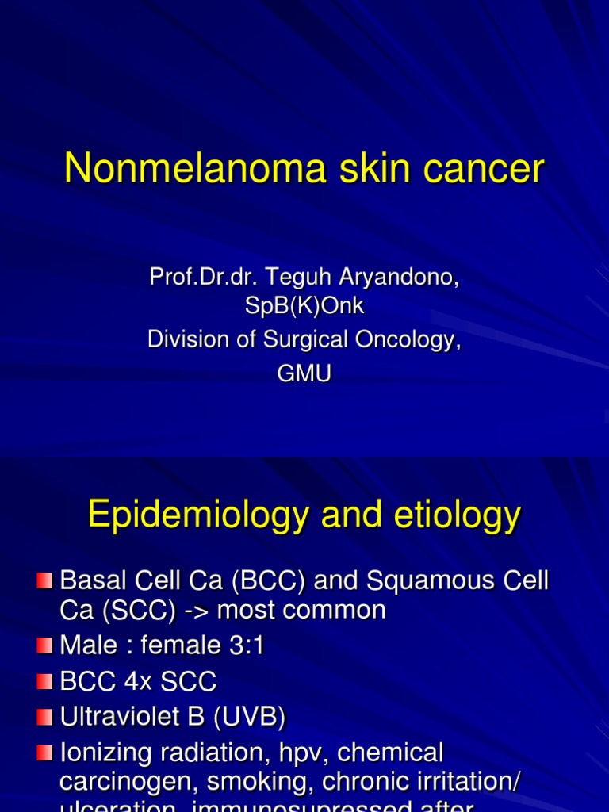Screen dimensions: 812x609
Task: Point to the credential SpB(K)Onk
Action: (x=304, y=306)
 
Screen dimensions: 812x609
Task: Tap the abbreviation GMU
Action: (x=304, y=373)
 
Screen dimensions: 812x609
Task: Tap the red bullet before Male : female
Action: (x=44, y=647)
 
